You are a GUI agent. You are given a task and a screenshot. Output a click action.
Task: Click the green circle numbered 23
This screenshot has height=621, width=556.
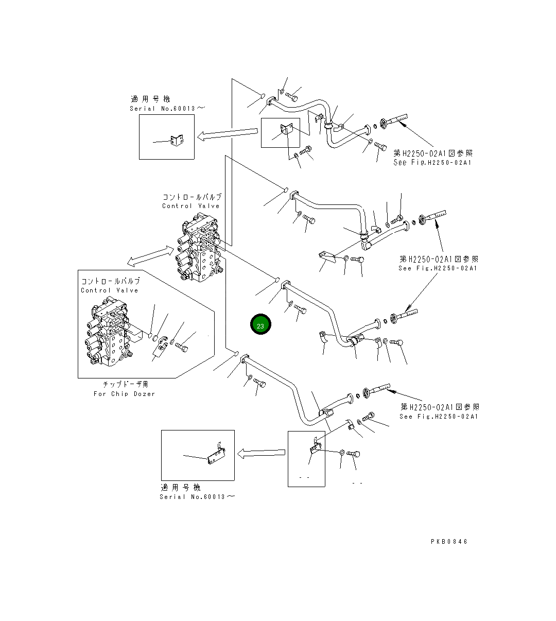click(260, 324)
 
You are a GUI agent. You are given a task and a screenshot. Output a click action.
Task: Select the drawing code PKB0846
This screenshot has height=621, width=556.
click(449, 542)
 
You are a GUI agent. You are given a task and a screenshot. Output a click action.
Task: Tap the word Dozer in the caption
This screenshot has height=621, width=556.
click(144, 394)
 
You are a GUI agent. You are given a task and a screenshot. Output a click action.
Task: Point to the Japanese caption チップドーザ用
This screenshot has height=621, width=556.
click(126, 384)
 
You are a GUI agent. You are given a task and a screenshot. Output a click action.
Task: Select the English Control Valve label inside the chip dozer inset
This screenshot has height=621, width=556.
click(110, 290)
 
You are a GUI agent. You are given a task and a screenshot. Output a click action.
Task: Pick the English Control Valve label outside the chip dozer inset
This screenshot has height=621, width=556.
click(190, 206)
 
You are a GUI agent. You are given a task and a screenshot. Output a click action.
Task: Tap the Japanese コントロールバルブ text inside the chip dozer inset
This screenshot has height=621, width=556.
click(110, 281)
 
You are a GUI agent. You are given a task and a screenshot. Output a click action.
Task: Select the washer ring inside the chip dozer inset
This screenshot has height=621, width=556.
click(172, 342)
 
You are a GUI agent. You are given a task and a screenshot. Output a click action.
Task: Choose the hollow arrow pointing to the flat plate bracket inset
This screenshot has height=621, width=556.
click(261, 453)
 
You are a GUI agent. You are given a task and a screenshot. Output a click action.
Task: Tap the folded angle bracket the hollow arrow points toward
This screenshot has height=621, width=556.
click(177, 141)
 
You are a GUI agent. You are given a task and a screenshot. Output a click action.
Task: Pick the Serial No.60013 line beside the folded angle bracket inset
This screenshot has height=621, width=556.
click(167, 109)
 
